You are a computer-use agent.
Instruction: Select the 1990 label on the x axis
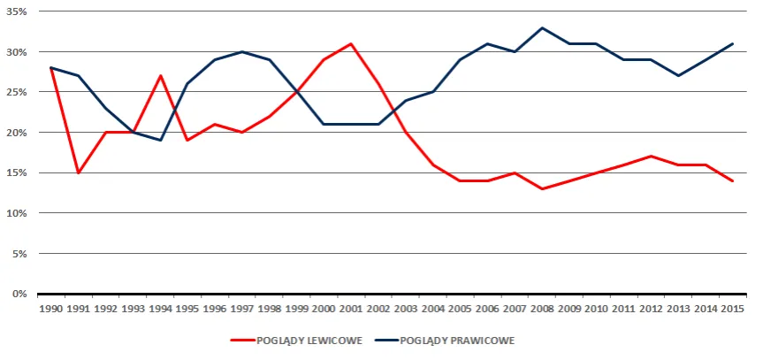click(x=50, y=309)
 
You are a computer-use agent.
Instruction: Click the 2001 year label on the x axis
click(x=351, y=309)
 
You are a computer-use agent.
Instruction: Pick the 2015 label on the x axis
click(x=733, y=309)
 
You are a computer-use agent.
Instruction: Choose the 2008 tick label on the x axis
click(x=542, y=309)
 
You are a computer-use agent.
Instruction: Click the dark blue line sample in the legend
click(x=385, y=340)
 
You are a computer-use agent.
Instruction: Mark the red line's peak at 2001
click(x=351, y=43)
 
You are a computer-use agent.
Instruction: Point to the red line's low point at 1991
click(x=79, y=172)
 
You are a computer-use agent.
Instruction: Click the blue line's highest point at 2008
click(x=542, y=27)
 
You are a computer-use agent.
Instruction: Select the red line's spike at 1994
click(x=160, y=76)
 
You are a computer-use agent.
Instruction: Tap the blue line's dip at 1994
click(x=160, y=140)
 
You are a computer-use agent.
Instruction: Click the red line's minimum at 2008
click(x=542, y=188)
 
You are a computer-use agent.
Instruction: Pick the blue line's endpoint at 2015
click(x=733, y=43)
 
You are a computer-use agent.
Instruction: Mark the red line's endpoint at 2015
click(x=733, y=180)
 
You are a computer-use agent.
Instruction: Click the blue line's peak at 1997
click(x=242, y=51)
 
